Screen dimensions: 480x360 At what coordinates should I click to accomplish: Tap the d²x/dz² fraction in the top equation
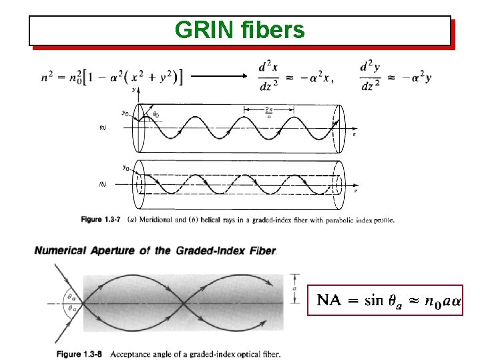click(268, 77)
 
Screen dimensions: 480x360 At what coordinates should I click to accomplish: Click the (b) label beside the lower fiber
click(102, 183)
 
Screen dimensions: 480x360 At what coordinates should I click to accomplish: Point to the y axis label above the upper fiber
click(135, 88)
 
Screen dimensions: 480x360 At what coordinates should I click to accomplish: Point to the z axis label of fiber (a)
click(354, 134)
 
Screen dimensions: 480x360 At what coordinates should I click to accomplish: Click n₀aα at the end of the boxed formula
click(443, 301)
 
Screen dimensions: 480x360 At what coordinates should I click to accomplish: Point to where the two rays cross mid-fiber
click(182, 304)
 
